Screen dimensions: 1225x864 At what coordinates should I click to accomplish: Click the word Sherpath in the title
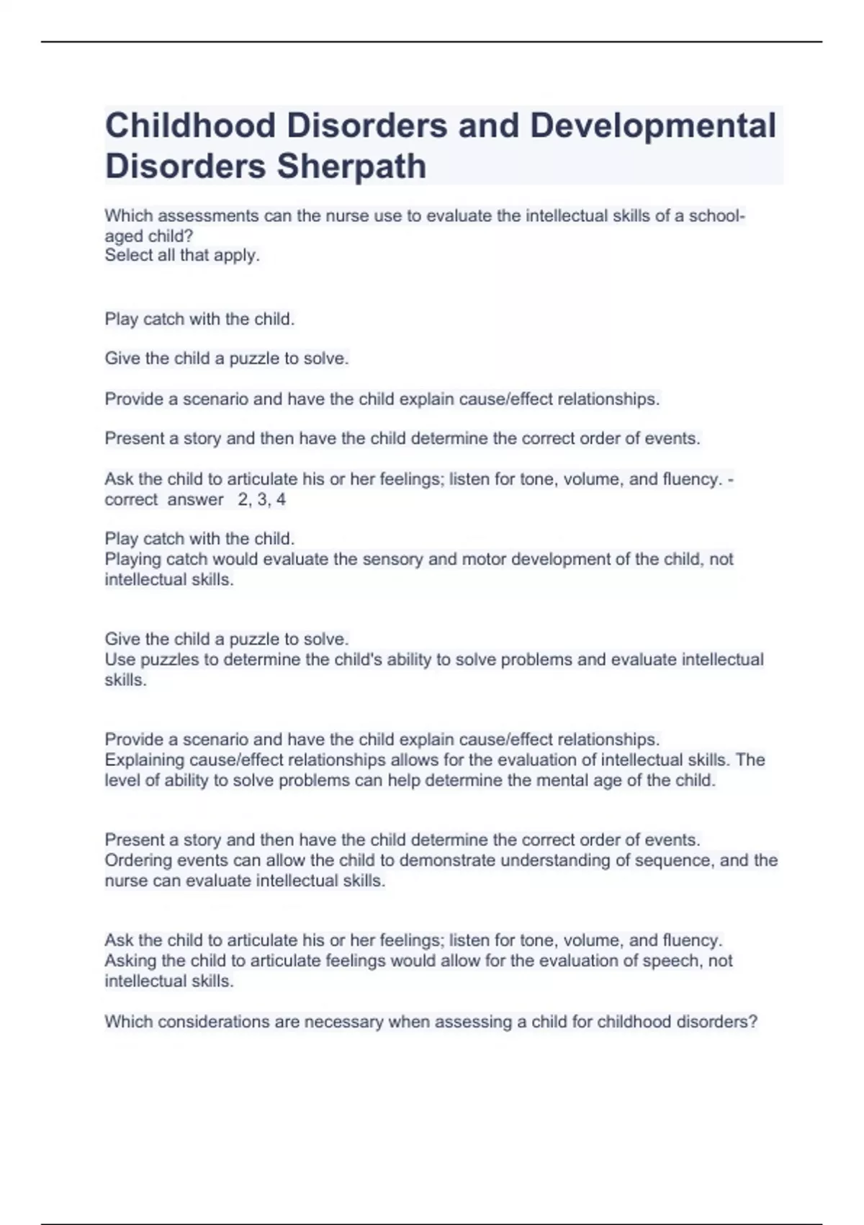352,166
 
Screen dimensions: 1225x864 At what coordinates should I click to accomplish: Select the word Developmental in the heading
653,125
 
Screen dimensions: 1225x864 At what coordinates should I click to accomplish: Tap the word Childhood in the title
190,125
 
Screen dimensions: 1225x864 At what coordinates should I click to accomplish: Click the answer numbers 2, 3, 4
261,499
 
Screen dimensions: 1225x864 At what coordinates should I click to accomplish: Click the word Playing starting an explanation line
133,559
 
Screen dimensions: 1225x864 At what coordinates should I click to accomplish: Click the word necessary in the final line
342,1022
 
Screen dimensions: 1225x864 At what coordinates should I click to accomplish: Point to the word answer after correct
195,499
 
